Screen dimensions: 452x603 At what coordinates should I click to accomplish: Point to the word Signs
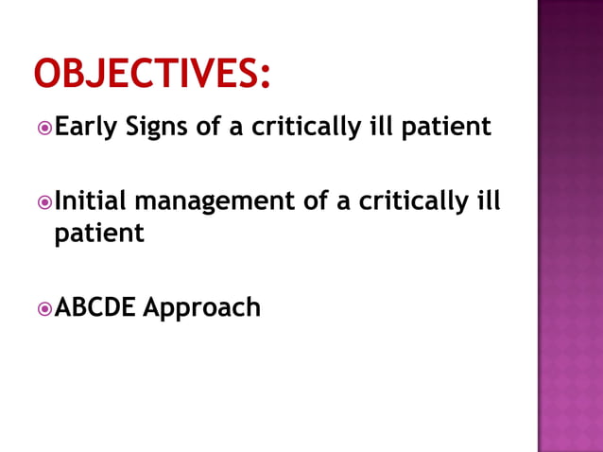coord(157,128)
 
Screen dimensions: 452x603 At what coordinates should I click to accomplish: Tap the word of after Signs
coord(209,127)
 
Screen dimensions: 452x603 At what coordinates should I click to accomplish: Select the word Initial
coord(90,201)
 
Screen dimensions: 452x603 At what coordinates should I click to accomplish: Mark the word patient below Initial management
coord(99,233)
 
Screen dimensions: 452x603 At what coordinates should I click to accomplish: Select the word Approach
coord(201,308)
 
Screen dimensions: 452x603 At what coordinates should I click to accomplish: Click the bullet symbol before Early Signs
coord(43,128)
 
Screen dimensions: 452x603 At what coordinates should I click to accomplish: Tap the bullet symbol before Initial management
coord(43,202)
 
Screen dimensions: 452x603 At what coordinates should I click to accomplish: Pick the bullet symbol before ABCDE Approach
coord(43,308)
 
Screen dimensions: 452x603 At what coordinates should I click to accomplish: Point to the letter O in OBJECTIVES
coord(47,75)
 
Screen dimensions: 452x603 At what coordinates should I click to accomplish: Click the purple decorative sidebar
coord(570,226)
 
